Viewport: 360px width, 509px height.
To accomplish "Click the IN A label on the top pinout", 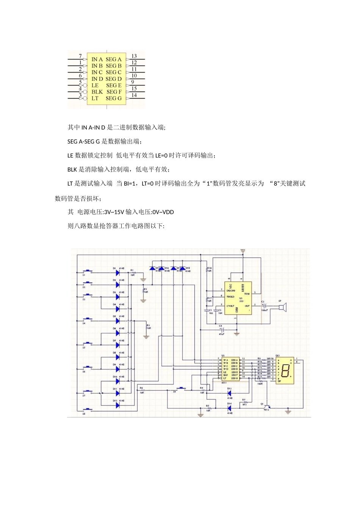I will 97,59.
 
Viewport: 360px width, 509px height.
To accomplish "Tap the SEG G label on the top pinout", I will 114,98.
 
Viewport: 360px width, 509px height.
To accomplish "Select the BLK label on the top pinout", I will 97,92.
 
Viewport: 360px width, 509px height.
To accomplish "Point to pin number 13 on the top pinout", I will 134,56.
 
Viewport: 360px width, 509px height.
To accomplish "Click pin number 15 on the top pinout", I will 134,89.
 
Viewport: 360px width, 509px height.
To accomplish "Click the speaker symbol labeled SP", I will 283,306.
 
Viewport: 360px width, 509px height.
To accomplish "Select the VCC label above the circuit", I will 243,251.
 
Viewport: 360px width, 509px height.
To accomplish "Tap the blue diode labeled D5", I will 117,320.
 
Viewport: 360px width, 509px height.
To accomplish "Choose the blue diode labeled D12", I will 117,404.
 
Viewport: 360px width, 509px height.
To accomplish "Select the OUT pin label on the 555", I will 247,306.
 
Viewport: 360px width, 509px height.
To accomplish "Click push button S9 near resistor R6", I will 181,388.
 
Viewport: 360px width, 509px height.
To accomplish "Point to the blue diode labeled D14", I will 229,408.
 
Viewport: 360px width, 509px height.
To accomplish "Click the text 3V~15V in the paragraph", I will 114,212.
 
